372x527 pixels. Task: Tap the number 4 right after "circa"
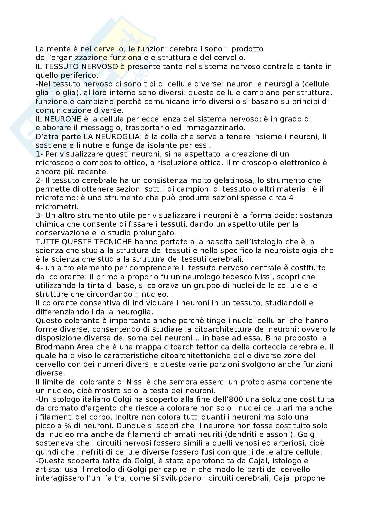point(291,198)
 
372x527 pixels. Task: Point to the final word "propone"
point(309,478)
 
